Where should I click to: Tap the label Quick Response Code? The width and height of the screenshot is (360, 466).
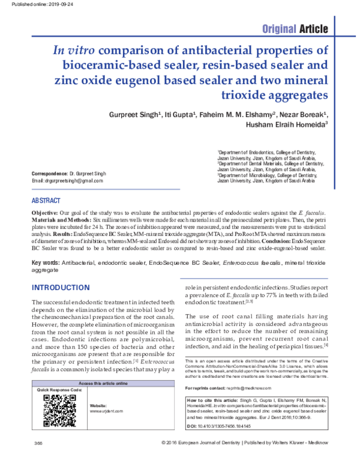[x=59, y=390]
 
